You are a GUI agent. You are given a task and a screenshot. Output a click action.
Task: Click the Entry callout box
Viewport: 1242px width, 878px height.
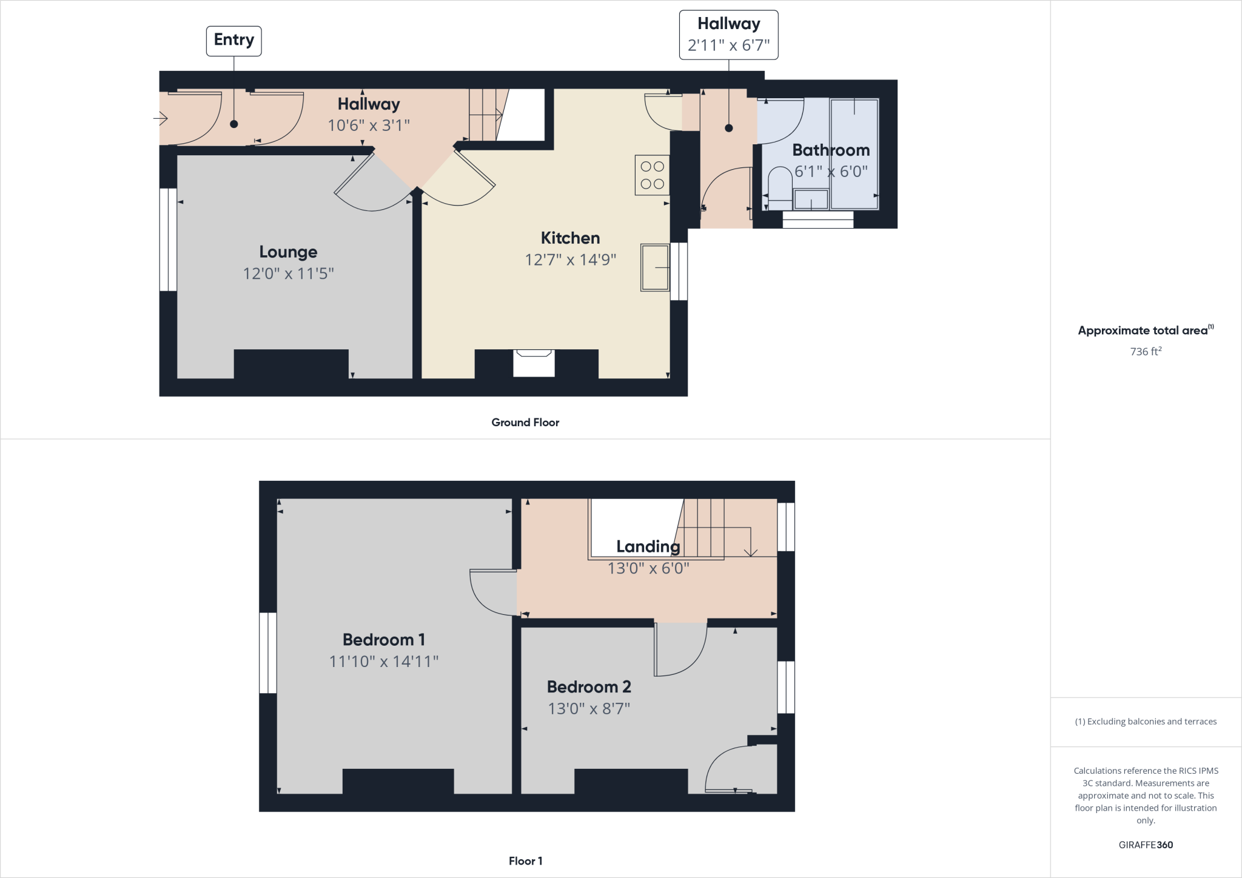(233, 41)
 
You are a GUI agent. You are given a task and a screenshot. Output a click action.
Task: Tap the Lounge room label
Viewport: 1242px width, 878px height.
(288, 252)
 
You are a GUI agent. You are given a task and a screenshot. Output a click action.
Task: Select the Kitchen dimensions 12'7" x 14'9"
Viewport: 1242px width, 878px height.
(570, 260)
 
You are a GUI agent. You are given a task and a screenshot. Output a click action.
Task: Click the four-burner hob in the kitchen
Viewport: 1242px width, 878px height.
(652, 175)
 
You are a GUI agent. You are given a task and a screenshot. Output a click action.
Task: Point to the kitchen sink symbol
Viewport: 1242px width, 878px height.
(655, 267)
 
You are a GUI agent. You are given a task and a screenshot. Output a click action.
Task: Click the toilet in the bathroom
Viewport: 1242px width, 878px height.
(780, 184)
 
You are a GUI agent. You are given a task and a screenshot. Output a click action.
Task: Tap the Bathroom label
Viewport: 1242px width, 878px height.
(831, 150)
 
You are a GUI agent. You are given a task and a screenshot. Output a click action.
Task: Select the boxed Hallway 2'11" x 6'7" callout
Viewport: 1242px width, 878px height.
(728, 35)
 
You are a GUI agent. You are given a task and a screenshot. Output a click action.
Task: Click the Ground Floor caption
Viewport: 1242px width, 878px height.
(525, 422)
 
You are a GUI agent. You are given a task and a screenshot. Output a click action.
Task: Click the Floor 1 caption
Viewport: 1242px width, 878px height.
(525, 860)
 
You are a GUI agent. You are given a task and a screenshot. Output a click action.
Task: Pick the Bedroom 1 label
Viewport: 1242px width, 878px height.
(383, 639)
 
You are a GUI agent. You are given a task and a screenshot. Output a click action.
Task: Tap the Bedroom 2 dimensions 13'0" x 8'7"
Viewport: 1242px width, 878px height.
(589, 708)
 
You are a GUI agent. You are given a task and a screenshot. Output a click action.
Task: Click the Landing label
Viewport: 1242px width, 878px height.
(648, 546)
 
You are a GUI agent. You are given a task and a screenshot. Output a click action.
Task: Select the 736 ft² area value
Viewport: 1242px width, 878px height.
(1146, 351)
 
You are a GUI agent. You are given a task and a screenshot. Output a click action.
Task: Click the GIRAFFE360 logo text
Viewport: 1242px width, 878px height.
(1146, 845)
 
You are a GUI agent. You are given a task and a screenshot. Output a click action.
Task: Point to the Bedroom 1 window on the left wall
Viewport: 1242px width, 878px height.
(267, 652)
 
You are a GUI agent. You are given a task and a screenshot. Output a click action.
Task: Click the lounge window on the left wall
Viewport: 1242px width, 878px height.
(168, 240)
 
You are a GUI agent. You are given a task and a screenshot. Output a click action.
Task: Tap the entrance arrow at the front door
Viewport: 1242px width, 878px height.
(161, 118)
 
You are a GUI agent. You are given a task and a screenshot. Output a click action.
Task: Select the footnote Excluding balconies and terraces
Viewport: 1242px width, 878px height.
(1146, 722)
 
